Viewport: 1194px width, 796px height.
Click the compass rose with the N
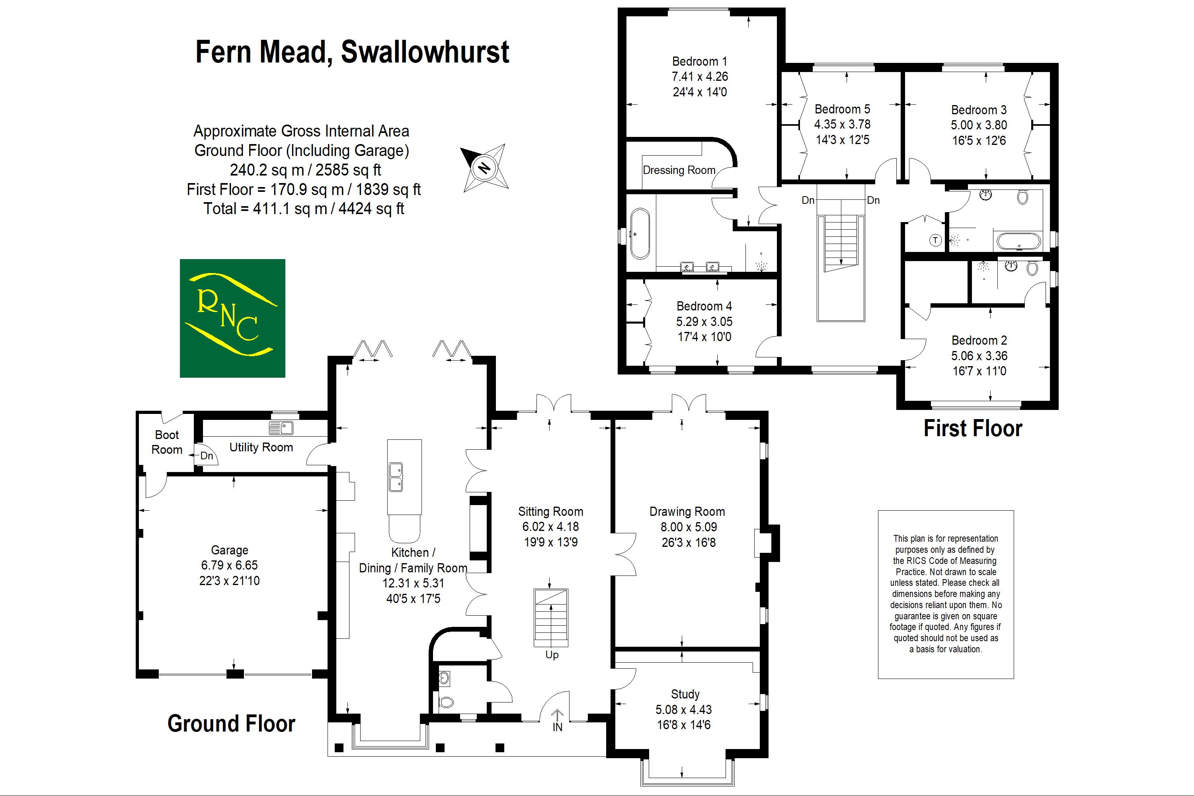pyautogui.click(x=485, y=168)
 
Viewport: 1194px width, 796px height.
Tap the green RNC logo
pyautogui.click(x=232, y=318)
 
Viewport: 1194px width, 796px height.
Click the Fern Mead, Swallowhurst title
pyautogui.click(x=352, y=52)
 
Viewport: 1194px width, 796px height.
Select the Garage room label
pyautogui.click(x=230, y=550)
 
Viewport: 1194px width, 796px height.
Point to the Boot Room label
pyautogui.click(x=166, y=442)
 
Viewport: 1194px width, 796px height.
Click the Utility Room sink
pyautogui.click(x=281, y=427)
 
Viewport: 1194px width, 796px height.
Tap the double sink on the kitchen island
pyautogui.click(x=396, y=477)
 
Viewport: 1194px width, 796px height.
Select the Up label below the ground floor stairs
pyautogui.click(x=552, y=655)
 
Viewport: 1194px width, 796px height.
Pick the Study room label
pyautogui.click(x=685, y=694)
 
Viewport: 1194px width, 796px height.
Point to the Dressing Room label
pyautogui.click(x=679, y=170)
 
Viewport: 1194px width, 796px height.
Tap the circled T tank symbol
pyautogui.click(x=935, y=240)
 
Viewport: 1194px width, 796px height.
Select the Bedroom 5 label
pyautogui.click(x=842, y=109)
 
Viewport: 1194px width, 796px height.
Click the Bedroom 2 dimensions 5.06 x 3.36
pyautogui.click(x=979, y=356)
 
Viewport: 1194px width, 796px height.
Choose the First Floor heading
pyautogui.click(x=972, y=429)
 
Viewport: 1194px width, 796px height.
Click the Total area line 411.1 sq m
pyautogui.click(x=304, y=209)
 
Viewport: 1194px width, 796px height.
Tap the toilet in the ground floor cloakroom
pyautogui.click(x=446, y=702)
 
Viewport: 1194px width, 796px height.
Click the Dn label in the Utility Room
pyautogui.click(x=207, y=456)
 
